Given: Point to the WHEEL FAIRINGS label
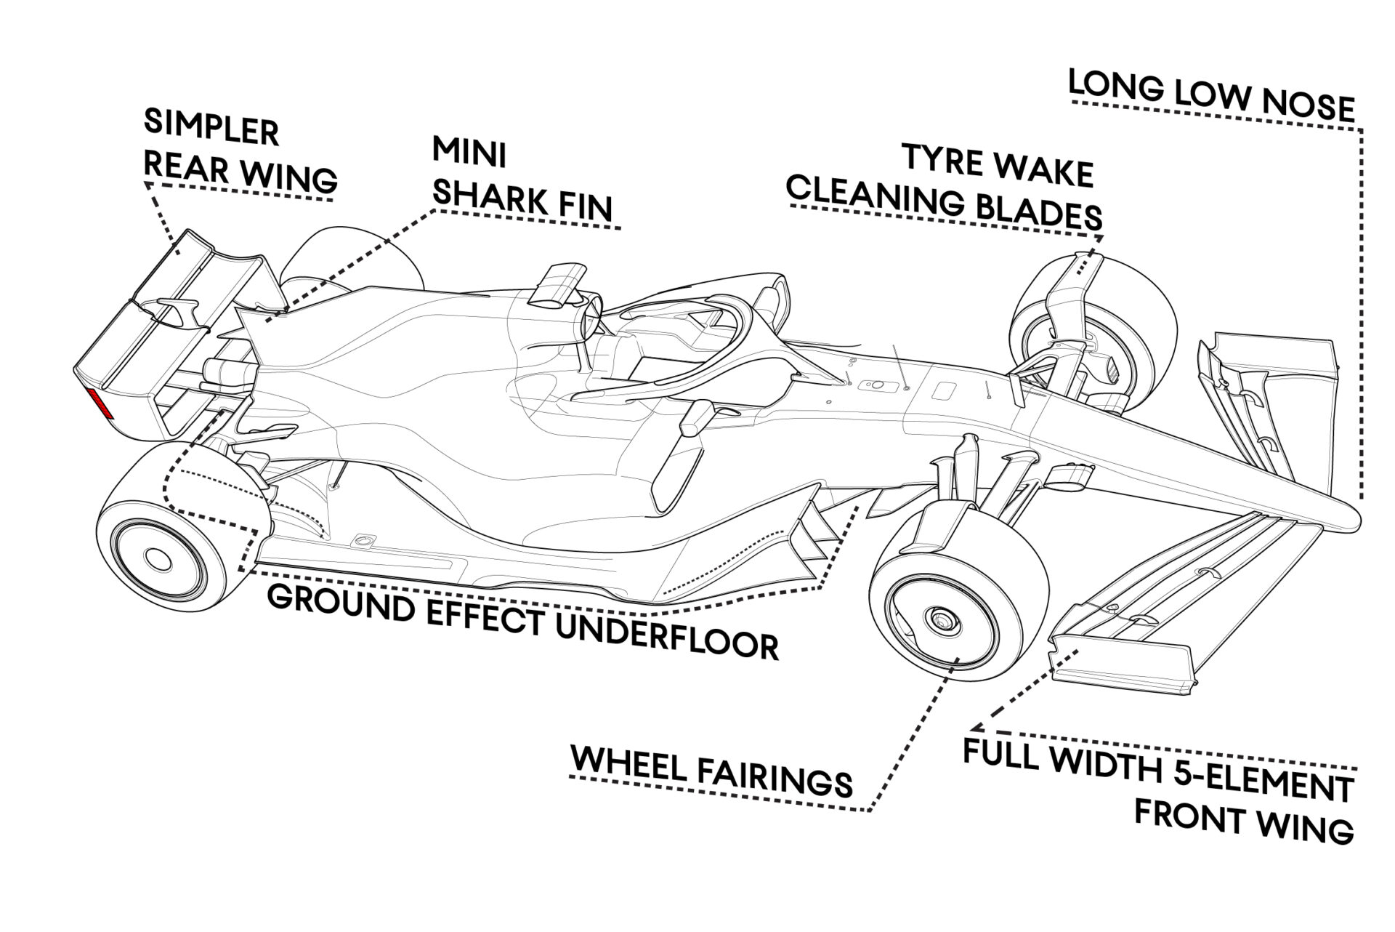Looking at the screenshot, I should tap(711, 773).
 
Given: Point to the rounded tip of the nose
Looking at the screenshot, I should tap(1353, 518).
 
